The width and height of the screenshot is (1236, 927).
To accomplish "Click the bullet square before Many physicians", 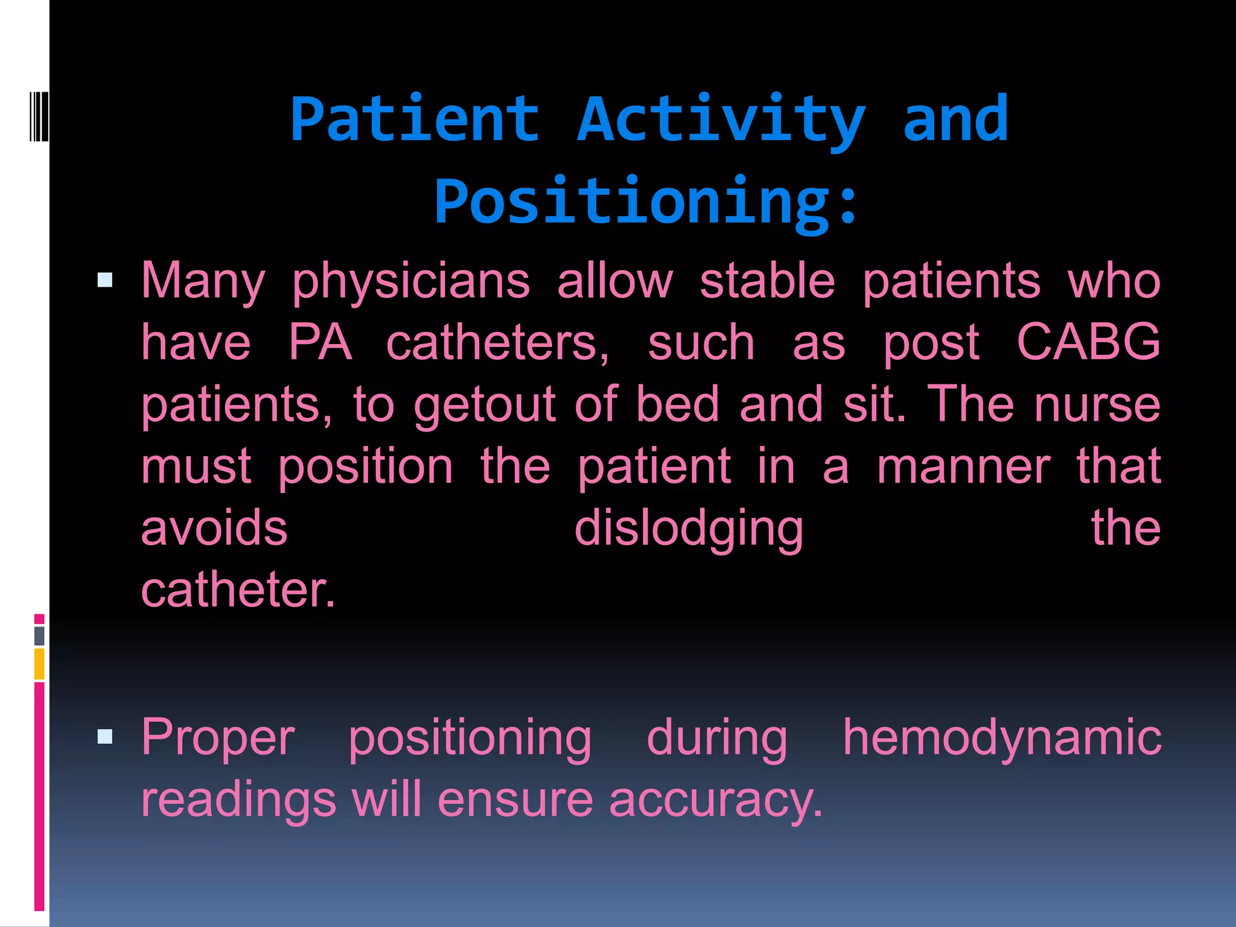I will (105, 280).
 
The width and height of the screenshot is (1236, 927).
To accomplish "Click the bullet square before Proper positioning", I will (105, 736).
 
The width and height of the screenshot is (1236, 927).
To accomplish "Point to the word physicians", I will (410, 281).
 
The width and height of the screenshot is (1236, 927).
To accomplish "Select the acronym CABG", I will (1088, 342).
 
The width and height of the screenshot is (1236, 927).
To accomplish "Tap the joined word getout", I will (484, 404).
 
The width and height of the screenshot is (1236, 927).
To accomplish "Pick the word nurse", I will (1097, 404).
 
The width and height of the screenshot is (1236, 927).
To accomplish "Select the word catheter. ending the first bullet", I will (238, 590).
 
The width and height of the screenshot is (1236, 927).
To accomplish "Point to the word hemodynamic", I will (1002, 737).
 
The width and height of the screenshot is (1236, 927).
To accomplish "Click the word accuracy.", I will (716, 800).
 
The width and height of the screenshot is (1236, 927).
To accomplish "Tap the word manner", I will (964, 466).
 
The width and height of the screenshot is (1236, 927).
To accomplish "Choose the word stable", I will (767, 281).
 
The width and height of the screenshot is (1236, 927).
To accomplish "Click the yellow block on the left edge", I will (39, 664).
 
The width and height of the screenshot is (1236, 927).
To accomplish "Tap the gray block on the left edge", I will (39, 636).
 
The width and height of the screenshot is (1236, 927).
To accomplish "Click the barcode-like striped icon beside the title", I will (39, 116).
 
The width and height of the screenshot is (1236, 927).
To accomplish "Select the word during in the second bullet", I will (717, 737).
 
